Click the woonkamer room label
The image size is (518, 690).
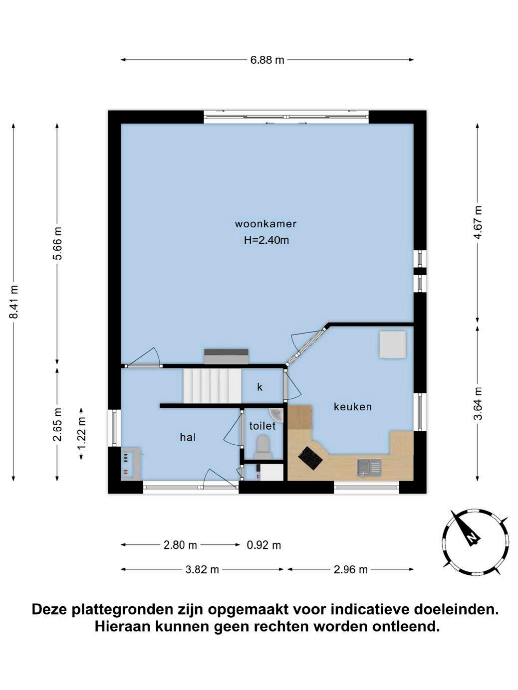point(265,224)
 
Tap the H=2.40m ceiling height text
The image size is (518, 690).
point(266,240)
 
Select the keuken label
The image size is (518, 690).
point(352,407)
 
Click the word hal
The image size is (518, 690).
point(188,437)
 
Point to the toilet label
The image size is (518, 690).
point(262,426)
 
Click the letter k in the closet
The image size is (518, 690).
point(260,387)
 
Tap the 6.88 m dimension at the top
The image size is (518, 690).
point(267,60)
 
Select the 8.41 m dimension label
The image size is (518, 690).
point(13,302)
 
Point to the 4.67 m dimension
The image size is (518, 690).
point(478,222)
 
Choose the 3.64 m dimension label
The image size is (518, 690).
point(478,404)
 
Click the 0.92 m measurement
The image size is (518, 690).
point(263,545)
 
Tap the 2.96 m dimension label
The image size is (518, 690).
point(351,569)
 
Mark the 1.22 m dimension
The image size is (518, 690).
point(81,433)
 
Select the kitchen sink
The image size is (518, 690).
point(369,468)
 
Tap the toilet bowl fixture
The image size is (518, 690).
point(263,447)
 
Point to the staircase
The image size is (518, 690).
point(212,386)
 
